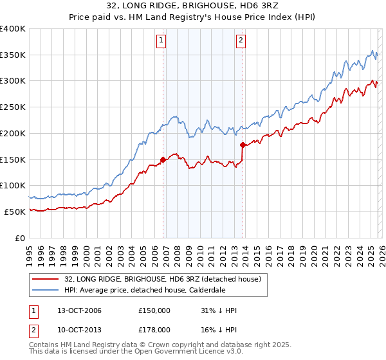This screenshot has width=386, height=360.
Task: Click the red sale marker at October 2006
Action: pos(163,159)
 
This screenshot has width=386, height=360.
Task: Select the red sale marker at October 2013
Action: pos(243,145)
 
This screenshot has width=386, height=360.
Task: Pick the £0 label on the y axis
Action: pos(21,238)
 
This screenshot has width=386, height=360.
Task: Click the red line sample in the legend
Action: pos(46,279)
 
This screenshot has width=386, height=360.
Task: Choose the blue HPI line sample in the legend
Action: pos(46,291)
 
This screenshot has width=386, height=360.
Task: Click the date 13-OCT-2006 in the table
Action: pos(75,310)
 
